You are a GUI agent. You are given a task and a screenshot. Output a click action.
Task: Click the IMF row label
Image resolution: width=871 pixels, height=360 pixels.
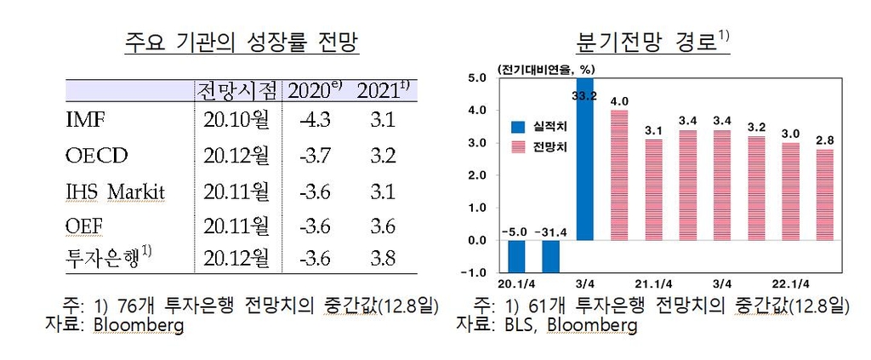[x=85, y=120]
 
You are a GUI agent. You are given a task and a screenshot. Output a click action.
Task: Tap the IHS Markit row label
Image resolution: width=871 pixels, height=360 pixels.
[x=115, y=191]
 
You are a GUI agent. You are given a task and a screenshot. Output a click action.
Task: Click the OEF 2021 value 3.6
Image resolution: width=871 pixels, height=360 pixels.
[x=383, y=227]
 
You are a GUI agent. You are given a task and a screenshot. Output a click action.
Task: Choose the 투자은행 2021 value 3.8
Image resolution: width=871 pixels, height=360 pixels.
[x=383, y=256]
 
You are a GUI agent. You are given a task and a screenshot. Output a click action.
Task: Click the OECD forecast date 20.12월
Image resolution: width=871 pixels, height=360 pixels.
[x=236, y=156]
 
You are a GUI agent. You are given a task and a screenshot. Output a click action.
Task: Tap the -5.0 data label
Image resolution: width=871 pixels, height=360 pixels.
[x=517, y=231]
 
